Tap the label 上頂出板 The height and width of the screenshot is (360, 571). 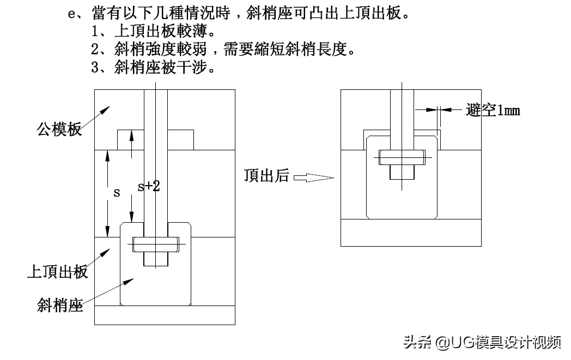57,271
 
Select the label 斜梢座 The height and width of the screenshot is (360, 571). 60,304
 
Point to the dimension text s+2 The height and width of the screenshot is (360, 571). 148,186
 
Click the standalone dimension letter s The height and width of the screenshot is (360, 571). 116,193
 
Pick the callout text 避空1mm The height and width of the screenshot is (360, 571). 493,111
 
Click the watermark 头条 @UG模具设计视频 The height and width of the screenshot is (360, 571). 482,342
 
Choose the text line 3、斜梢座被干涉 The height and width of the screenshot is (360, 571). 155,68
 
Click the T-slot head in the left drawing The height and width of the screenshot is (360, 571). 156,245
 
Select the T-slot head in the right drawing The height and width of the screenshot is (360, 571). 402,157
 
